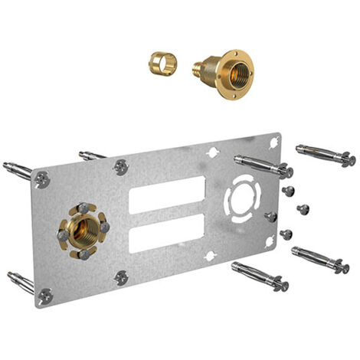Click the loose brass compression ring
coord(162,64)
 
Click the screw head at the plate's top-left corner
coord(43,178)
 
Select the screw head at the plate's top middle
coord(121,165)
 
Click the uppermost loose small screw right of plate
coord(289,190)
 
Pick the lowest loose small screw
coord(286,234)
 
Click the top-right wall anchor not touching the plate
coord(325,154)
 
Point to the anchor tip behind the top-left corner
coord(17,168)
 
